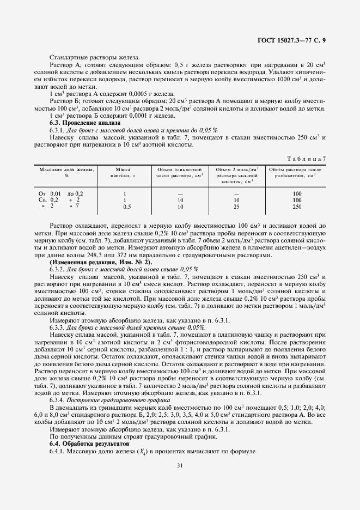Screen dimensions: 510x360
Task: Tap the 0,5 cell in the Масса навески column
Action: [x=126, y=207]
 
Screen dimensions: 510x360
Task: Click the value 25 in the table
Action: [x=236, y=207]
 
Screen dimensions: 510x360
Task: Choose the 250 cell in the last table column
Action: [x=297, y=207]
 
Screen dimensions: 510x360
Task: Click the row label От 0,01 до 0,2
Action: [x=60, y=193]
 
